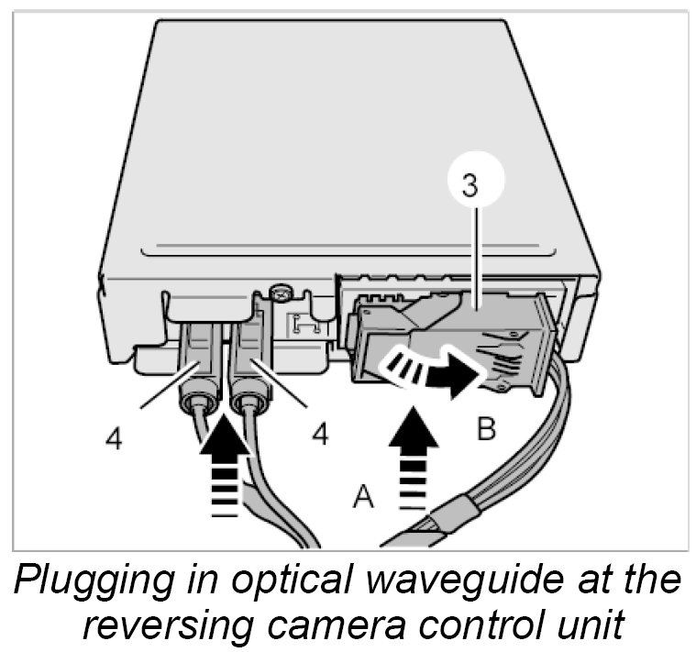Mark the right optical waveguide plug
click(x=249, y=367)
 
